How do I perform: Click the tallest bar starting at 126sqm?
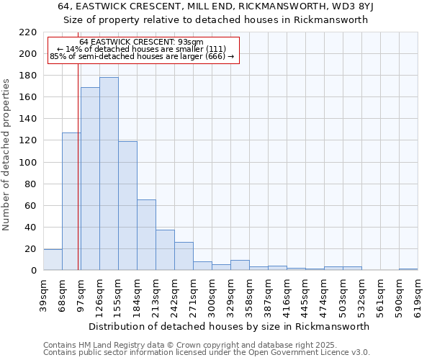(x=109, y=174)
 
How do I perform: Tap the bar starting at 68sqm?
(x=71, y=202)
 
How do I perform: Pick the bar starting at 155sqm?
(x=127, y=206)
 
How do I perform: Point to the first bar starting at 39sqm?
(x=53, y=260)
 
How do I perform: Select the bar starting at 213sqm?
(x=165, y=250)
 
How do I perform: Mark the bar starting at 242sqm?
(x=184, y=256)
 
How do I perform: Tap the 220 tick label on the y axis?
(x=29, y=32)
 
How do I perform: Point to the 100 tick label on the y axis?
(x=29, y=163)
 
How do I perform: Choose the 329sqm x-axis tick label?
(x=230, y=294)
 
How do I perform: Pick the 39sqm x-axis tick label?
(x=43, y=294)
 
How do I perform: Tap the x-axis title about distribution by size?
(x=230, y=326)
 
